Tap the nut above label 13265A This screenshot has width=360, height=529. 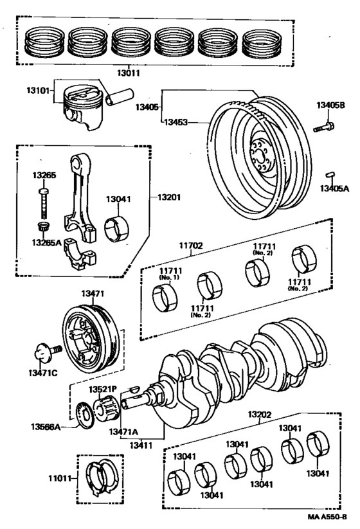[44, 227]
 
